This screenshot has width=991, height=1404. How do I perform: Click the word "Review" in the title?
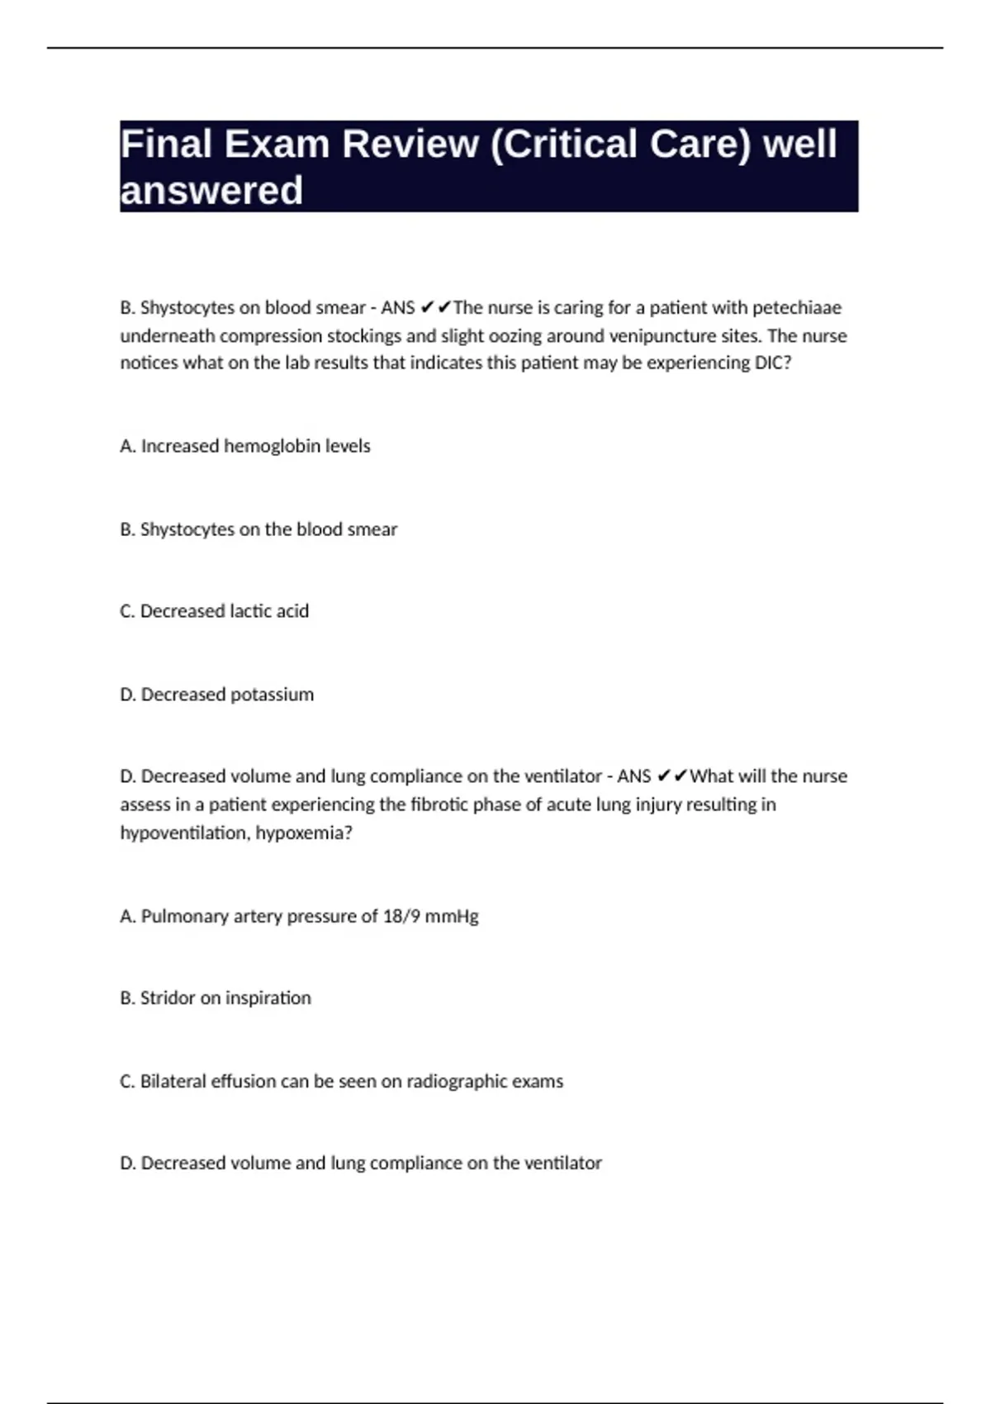pyautogui.click(x=410, y=145)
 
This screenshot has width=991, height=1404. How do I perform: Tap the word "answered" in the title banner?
pyautogui.click(x=211, y=191)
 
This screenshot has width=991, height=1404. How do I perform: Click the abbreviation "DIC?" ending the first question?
pyautogui.click(x=773, y=363)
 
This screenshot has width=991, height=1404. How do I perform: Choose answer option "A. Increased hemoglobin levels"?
pyautogui.click(x=245, y=446)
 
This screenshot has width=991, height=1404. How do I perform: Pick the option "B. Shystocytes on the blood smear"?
pyautogui.click(x=258, y=529)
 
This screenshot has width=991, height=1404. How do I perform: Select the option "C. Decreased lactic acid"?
pyautogui.click(x=215, y=611)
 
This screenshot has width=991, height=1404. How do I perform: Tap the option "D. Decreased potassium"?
pyautogui.click(x=217, y=695)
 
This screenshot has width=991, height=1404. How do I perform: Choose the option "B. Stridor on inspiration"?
pyautogui.click(x=216, y=998)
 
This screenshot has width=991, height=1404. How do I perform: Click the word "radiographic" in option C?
pyautogui.click(x=445, y=1081)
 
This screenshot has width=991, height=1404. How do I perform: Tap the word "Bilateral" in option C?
pyautogui.click(x=173, y=1081)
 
